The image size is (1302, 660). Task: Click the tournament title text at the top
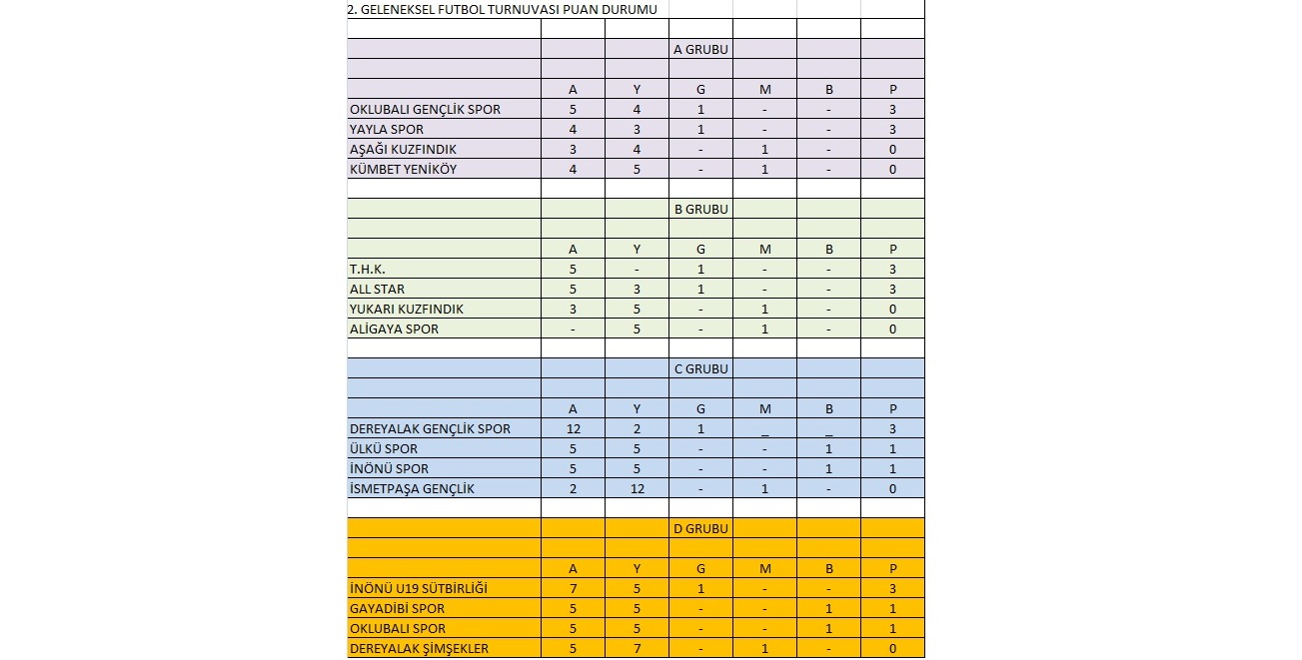click(x=502, y=9)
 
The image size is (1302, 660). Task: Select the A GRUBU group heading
click(x=699, y=49)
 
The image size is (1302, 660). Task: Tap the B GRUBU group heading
click(x=699, y=210)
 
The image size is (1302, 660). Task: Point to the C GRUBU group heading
click(x=699, y=368)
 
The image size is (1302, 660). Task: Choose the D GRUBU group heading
click(x=699, y=528)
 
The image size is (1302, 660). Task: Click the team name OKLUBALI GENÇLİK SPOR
click(x=425, y=109)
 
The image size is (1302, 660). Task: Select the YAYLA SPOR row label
click(x=387, y=129)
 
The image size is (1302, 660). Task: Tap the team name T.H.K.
click(x=367, y=270)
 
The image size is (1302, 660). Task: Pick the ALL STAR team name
click(x=377, y=290)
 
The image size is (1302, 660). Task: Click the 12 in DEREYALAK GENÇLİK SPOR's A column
click(x=573, y=428)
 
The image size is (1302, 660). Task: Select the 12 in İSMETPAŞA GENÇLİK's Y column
click(x=637, y=488)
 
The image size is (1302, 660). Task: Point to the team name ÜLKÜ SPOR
click(x=384, y=448)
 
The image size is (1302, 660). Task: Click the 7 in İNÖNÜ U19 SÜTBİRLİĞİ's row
click(x=573, y=588)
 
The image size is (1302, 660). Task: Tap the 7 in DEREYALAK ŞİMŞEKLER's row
click(x=637, y=648)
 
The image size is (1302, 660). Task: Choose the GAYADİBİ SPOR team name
click(x=397, y=608)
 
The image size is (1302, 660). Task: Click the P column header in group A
click(x=892, y=89)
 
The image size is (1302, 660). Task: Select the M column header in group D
click(x=764, y=568)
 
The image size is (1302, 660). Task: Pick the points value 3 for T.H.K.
click(x=892, y=270)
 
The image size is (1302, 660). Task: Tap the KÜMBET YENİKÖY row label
click(x=403, y=169)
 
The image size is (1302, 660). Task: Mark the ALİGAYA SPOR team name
click(x=394, y=329)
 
